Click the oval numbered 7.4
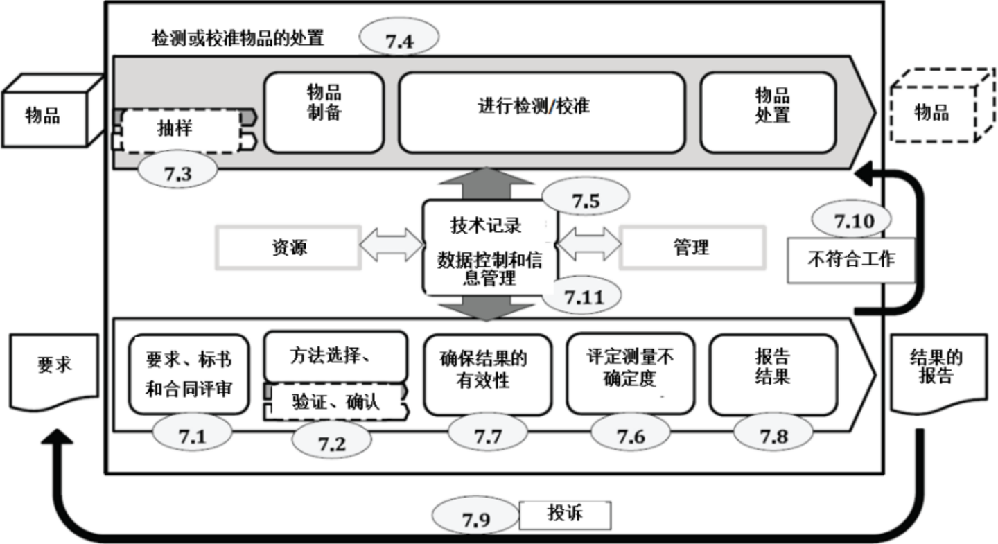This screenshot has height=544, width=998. click(x=399, y=39)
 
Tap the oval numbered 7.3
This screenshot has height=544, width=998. click(x=177, y=173)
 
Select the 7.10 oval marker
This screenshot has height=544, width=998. click(x=850, y=220)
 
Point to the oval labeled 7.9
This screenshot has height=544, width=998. click(x=475, y=518)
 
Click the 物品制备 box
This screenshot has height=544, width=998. click(x=324, y=112)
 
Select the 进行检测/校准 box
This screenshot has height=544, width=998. click(x=541, y=112)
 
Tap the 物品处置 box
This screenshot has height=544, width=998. click(x=768, y=112)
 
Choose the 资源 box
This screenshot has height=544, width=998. click(x=288, y=247)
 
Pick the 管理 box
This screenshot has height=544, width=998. click(x=692, y=247)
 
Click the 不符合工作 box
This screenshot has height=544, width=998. click(x=851, y=261)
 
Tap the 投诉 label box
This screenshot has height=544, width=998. click(x=565, y=515)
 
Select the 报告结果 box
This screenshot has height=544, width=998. click(x=773, y=374)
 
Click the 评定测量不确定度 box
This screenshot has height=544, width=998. click(x=629, y=374)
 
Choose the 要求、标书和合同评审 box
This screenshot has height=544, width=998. click(x=189, y=374)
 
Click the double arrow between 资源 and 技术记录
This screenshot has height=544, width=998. click(x=392, y=246)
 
